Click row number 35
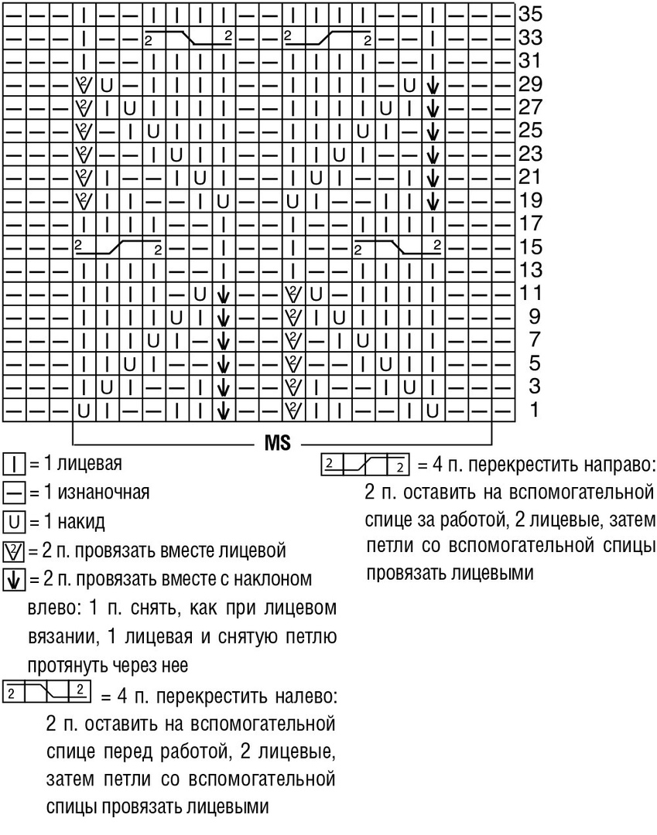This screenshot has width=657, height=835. pyautogui.click(x=530, y=13)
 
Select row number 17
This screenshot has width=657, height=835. pyautogui.click(x=530, y=223)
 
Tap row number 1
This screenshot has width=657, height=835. pyautogui.click(x=533, y=410)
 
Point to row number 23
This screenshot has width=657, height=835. pyautogui.click(x=530, y=153)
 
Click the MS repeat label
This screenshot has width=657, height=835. pyautogui.click(x=278, y=443)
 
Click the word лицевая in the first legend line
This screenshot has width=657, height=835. pyautogui.click(x=90, y=463)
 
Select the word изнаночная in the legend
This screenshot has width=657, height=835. pyautogui.click(x=104, y=492)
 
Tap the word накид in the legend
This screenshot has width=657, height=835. pyautogui.click(x=81, y=521)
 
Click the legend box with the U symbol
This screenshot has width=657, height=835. pyautogui.click(x=14, y=522)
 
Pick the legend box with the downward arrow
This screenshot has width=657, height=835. pyautogui.click(x=14, y=580)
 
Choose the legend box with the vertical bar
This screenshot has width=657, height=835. pyautogui.click(x=14, y=465)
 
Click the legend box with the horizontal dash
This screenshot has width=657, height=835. pyautogui.click(x=14, y=493)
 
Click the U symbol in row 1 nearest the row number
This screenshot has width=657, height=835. pyautogui.click(x=432, y=411)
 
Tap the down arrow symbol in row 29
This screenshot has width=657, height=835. pyautogui.click(x=433, y=85)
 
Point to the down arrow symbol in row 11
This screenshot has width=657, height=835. pyautogui.click(x=224, y=295)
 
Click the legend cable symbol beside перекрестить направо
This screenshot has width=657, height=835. pyautogui.click(x=365, y=465)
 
